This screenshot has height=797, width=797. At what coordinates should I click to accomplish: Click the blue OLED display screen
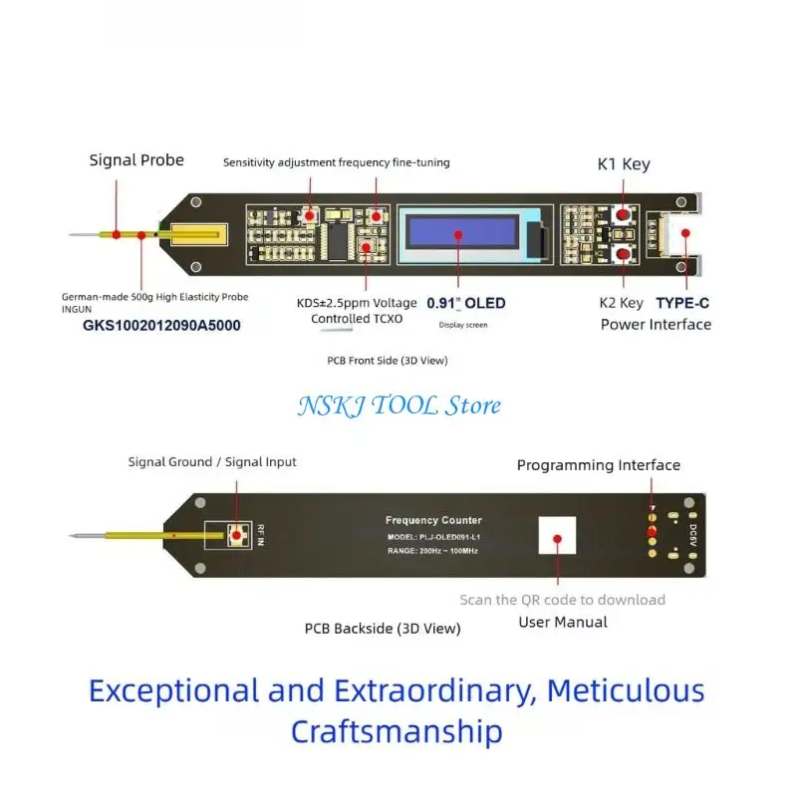(462, 232)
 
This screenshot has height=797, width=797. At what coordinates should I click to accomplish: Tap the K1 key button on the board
(623, 214)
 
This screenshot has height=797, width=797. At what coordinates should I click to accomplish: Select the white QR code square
(557, 535)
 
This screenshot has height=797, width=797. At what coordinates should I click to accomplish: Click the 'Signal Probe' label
(136, 160)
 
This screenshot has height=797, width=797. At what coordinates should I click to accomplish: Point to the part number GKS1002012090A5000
(161, 326)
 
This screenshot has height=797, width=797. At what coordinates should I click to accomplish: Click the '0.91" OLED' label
(466, 304)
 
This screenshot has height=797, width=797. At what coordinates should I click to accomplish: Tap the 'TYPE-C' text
(682, 304)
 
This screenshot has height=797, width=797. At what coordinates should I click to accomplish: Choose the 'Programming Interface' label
(599, 465)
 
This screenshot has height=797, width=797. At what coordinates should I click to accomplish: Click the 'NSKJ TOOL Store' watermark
(399, 405)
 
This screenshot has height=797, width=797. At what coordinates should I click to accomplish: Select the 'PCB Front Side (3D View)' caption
(388, 361)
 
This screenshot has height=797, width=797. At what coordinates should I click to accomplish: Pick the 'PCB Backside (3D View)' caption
(383, 629)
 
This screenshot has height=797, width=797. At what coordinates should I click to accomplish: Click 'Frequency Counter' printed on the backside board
(433, 520)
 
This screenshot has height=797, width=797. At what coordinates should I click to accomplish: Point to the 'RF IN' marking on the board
(261, 535)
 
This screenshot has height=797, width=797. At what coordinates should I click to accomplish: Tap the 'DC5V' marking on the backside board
(692, 535)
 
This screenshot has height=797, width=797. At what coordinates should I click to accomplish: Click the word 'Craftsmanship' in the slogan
(397, 731)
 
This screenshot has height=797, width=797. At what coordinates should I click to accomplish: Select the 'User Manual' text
(563, 622)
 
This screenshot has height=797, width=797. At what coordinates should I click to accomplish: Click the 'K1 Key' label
(624, 164)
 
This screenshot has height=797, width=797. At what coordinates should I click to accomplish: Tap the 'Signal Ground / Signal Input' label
(212, 462)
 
